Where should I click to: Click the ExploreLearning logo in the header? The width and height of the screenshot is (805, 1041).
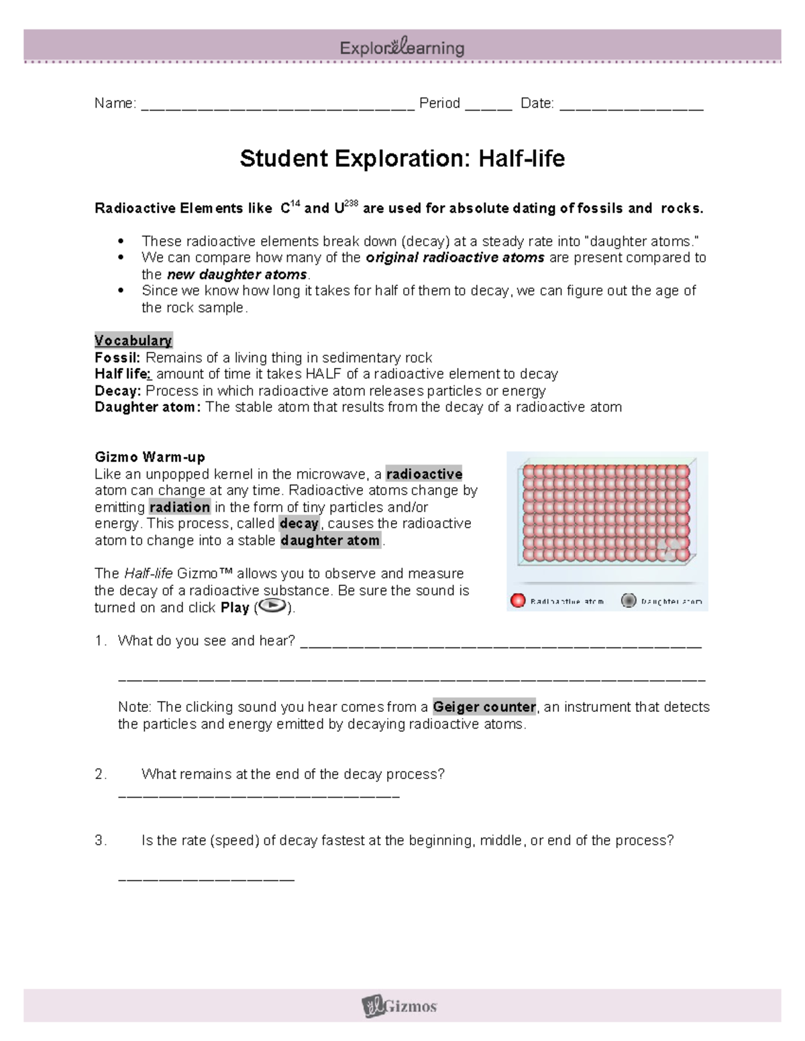coord(402,48)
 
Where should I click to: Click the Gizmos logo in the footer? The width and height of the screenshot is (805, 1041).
coord(400,1005)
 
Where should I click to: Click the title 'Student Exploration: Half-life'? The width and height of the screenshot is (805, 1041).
coord(402,159)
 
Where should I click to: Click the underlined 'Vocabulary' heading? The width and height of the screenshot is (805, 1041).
coord(133,341)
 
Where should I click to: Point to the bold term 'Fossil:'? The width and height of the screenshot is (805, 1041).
coord(117,357)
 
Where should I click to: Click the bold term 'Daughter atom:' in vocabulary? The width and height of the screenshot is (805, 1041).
coord(148,407)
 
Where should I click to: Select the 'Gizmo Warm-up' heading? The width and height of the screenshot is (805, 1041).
coord(150,457)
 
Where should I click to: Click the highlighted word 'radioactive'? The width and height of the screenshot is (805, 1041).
coord(424,474)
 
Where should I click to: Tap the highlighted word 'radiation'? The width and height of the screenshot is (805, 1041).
coord(180,507)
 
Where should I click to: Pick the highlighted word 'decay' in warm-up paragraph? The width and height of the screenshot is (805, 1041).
coord(299,524)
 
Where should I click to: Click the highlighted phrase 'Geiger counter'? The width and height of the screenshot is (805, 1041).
coord(484,707)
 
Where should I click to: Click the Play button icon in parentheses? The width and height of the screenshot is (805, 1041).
coord(272,607)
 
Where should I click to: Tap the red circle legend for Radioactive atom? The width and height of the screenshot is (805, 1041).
coord(518,601)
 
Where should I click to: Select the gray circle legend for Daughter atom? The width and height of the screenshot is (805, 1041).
coord(628,601)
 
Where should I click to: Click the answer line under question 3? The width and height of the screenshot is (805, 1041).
coord(206,877)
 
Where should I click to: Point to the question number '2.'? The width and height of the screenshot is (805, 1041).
coord(101,774)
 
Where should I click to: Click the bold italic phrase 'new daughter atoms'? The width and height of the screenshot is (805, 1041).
coord(237,274)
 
